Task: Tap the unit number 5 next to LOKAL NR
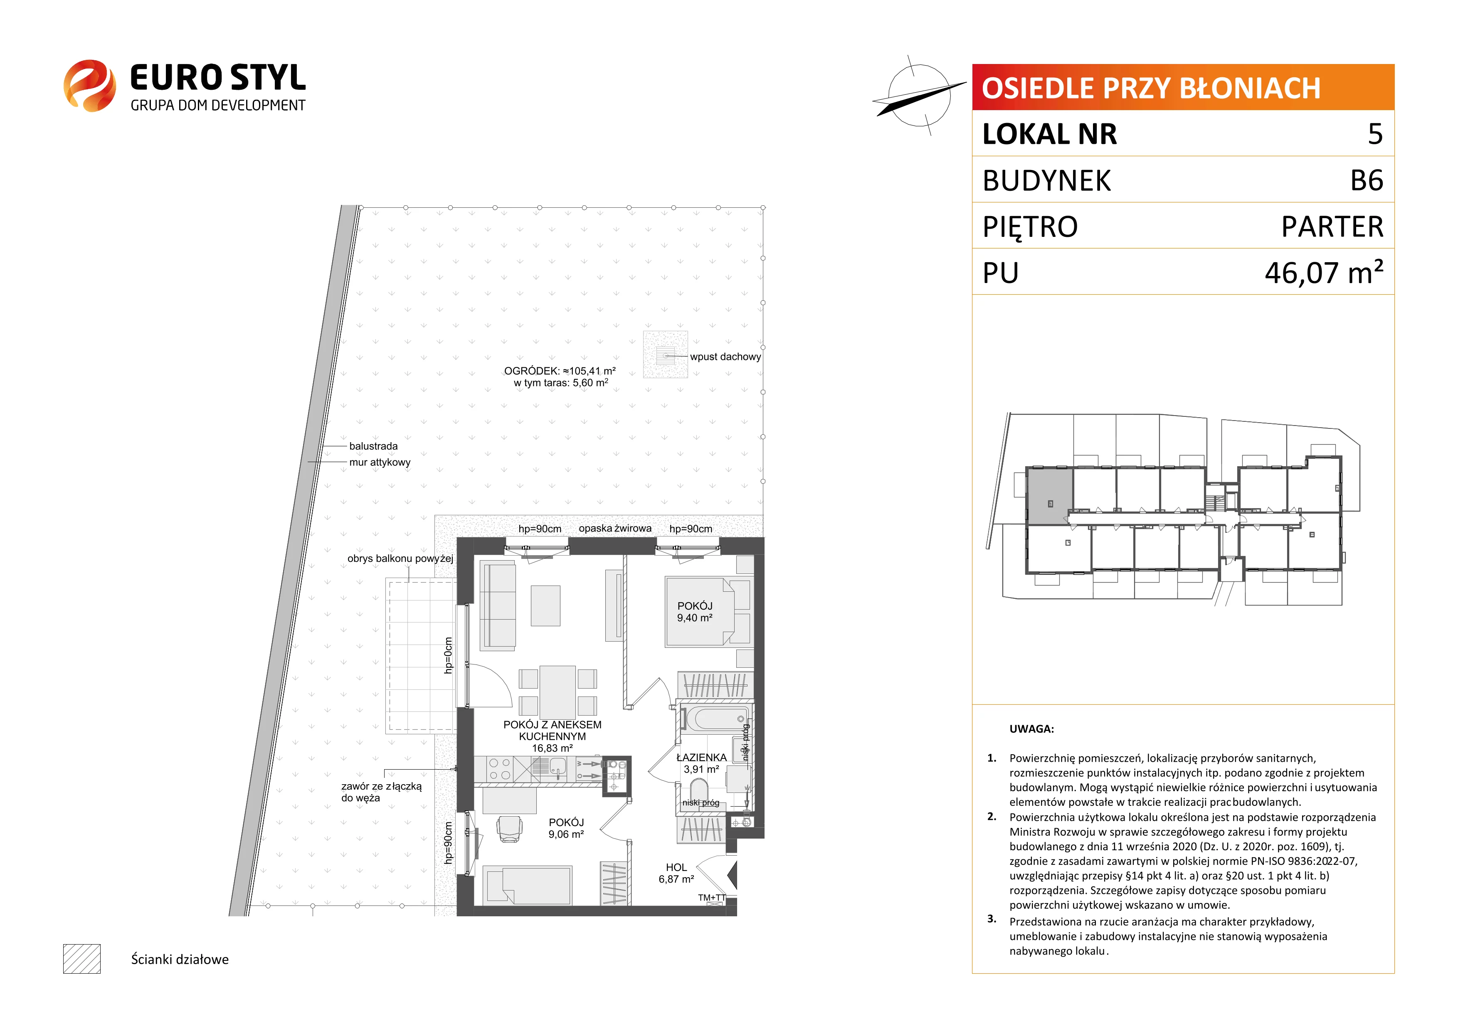coord(1375,134)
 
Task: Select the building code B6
coord(1367,180)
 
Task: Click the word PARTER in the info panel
coord(1332,226)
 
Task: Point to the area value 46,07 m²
coord(1324,272)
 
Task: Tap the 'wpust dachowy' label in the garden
coord(725,357)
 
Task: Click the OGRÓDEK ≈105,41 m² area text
coord(560,371)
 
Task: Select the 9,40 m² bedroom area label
coord(695,618)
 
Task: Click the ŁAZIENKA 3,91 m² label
coord(701,763)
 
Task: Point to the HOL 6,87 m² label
coord(676,873)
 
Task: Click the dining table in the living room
coord(558,693)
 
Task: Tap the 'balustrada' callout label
coord(373,446)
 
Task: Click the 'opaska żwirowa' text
coord(615,528)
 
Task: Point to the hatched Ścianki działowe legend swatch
coord(82,959)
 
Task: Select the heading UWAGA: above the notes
coord(1032,729)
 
